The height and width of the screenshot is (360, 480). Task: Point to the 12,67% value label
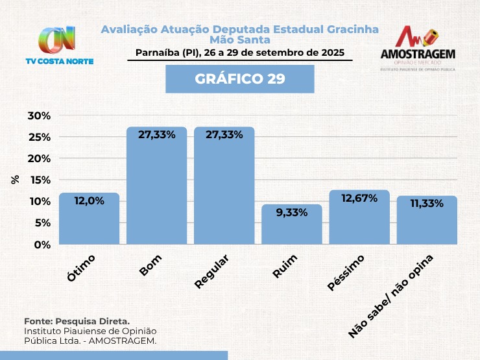(359, 198)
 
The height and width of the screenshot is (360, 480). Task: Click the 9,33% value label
(291, 213)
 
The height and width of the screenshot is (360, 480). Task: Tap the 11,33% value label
(426, 204)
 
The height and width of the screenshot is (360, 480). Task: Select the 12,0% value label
(89, 201)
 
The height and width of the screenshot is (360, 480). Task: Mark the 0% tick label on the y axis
(42, 245)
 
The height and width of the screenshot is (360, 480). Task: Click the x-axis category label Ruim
(285, 266)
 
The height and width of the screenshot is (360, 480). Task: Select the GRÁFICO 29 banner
(240, 78)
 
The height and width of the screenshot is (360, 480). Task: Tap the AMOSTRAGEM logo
(417, 48)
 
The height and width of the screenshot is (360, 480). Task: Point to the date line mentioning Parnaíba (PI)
(240, 53)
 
